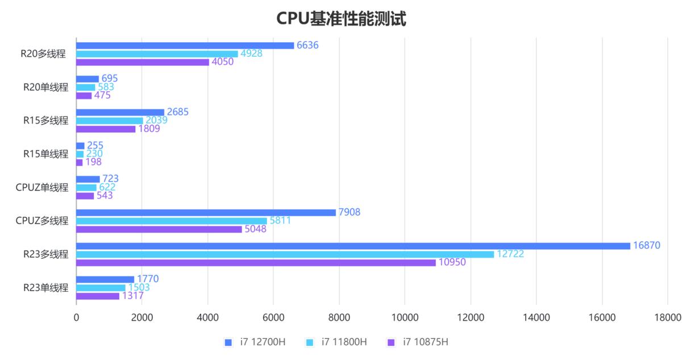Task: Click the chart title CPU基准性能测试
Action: (341, 18)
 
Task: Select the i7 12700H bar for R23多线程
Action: (352, 246)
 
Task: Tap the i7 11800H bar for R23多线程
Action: (284, 254)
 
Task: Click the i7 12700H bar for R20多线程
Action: (185, 45)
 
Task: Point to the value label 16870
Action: (649, 245)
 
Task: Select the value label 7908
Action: (350, 212)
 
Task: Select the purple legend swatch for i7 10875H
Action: (390, 342)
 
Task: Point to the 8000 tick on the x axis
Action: (339, 317)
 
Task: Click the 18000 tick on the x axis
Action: (667, 317)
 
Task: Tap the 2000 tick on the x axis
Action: (142, 317)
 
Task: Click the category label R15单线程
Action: (45, 154)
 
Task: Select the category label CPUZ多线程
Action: (41, 221)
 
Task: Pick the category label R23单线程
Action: (45, 288)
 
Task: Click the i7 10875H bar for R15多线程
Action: (106, 129)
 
